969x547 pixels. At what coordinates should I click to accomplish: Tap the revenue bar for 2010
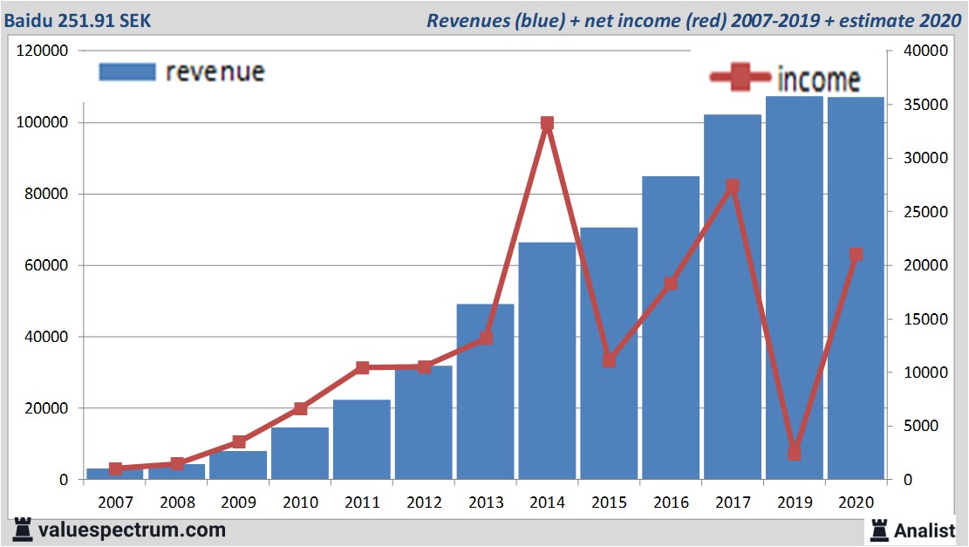(300, 454)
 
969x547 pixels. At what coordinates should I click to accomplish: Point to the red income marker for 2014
(547, 124)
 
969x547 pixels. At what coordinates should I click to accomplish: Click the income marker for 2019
(794, 453)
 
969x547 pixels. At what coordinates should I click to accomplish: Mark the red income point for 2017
(732, 186)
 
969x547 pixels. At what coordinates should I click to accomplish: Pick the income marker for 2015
(609, 360)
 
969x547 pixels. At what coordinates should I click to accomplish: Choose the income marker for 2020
(856, 255)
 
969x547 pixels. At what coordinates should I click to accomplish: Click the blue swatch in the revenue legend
(126, 72)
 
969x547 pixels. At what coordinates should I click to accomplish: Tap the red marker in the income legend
(741, 78)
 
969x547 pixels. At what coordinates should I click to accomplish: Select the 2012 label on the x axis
(424, 503)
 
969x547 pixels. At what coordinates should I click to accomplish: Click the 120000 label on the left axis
(43, 51)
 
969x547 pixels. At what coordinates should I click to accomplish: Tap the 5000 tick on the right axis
(914, 427)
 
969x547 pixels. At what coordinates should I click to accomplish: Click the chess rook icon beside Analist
(879, 530)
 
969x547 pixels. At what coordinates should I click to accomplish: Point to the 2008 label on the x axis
(177, 503)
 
